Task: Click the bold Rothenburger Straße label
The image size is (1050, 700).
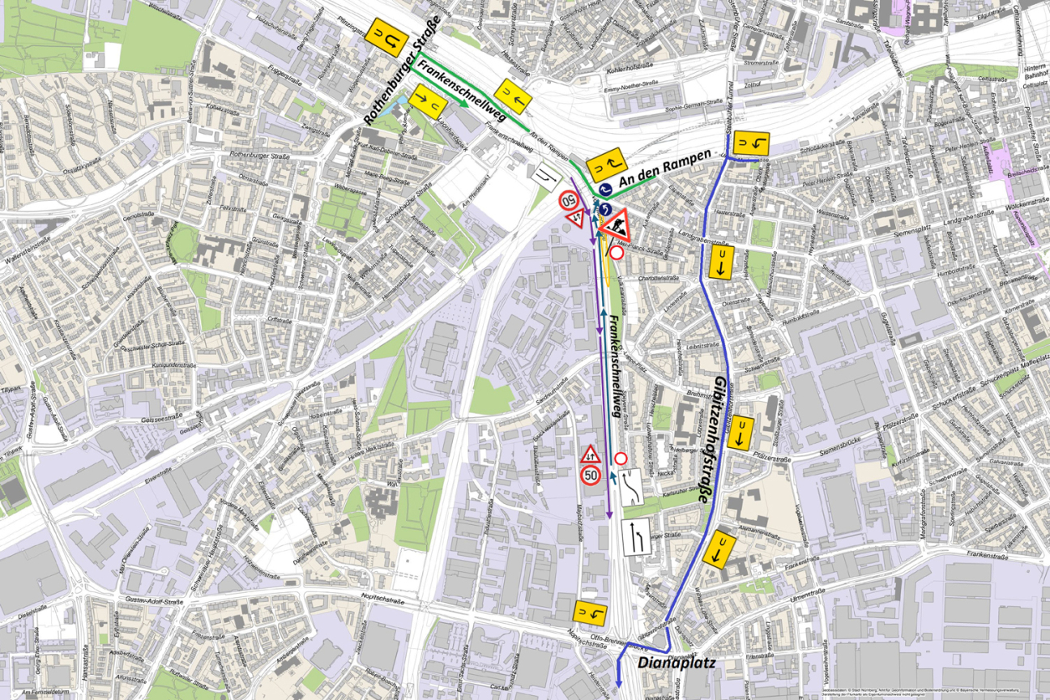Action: pos(402,70)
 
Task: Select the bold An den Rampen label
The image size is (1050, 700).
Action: pos(662,169)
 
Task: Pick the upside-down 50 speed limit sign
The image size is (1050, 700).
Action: pos(570,198)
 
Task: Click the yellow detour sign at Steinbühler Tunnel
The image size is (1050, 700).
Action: pos(751,144)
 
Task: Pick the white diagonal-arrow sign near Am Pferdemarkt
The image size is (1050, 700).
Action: pos(544,174)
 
